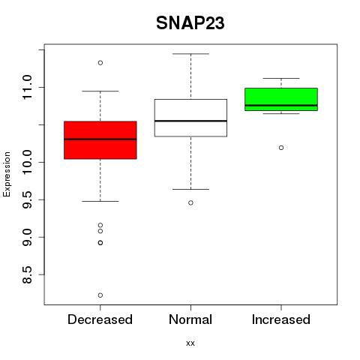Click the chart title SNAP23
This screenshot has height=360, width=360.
click(x=190, y=23)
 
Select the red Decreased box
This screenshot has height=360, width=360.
click(x=100, y=140)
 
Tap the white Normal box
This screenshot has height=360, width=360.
click(x=190, y=118)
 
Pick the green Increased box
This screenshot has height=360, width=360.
click(x=281, y=99)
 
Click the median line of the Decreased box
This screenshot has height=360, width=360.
click(x=100, y=139)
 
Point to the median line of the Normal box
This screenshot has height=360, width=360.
click(x=190, y=121)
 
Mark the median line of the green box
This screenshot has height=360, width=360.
click(x=281, y=106)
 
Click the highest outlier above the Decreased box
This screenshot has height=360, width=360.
click(x=100, y=63)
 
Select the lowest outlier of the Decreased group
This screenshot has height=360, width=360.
click(x=100, y=295)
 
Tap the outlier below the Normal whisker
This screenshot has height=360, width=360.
click(x=190, y=202)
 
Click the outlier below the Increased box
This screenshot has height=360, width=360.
click(x=281, y=148)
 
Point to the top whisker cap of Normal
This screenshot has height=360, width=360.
click(x=190, y=54)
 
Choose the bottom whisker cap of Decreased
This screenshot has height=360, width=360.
click(x=100, y=201)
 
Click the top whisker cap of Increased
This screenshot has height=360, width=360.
click(x=281, y=78)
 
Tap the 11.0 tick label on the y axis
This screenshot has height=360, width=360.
click(x=27, y=87)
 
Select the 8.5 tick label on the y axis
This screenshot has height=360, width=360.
click(x=27, y=274)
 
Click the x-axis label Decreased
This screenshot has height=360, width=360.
click(x=100, y=319)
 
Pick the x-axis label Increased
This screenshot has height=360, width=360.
click(x=281, y=319)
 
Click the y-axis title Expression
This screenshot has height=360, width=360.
click(x=7, y=174)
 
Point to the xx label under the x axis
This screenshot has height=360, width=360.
click(x=190, y=343)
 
